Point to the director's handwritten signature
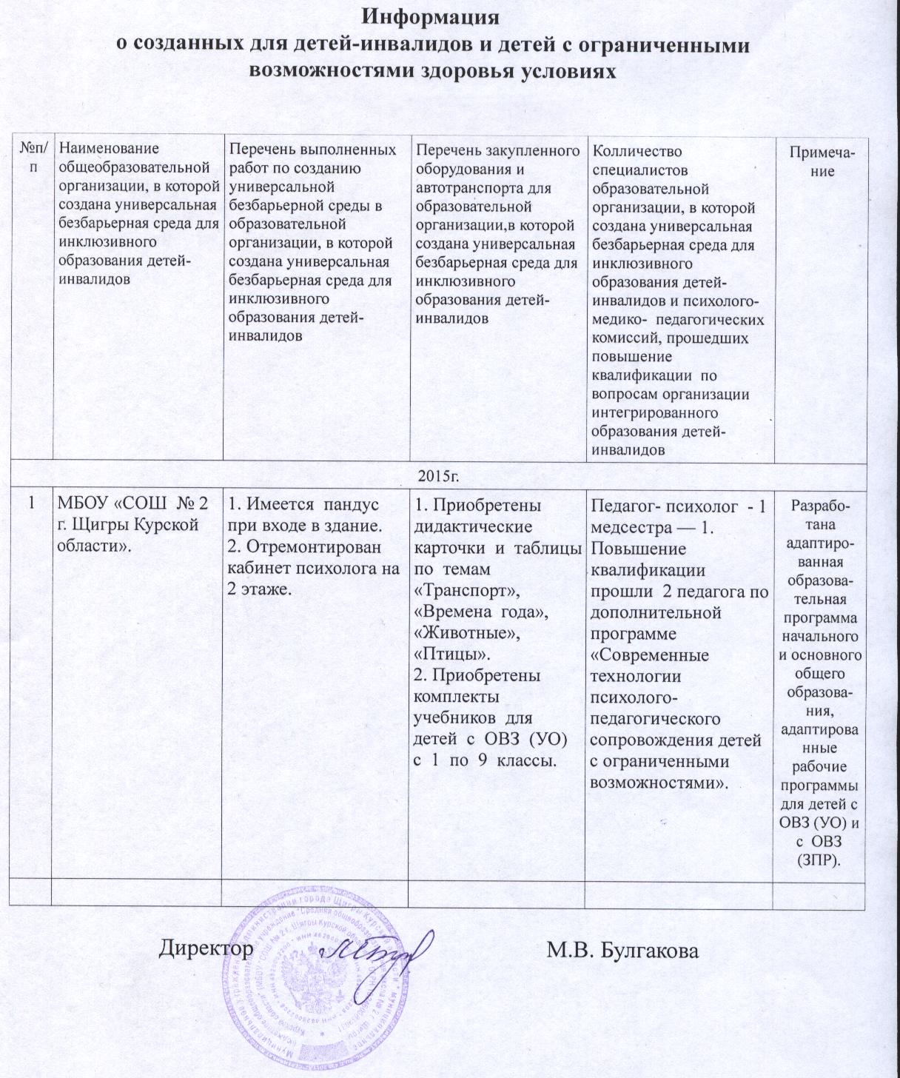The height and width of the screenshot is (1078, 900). click(377, 952)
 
